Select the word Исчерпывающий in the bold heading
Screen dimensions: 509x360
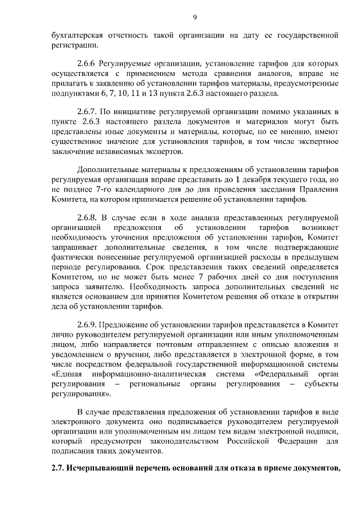pos(102,469)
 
